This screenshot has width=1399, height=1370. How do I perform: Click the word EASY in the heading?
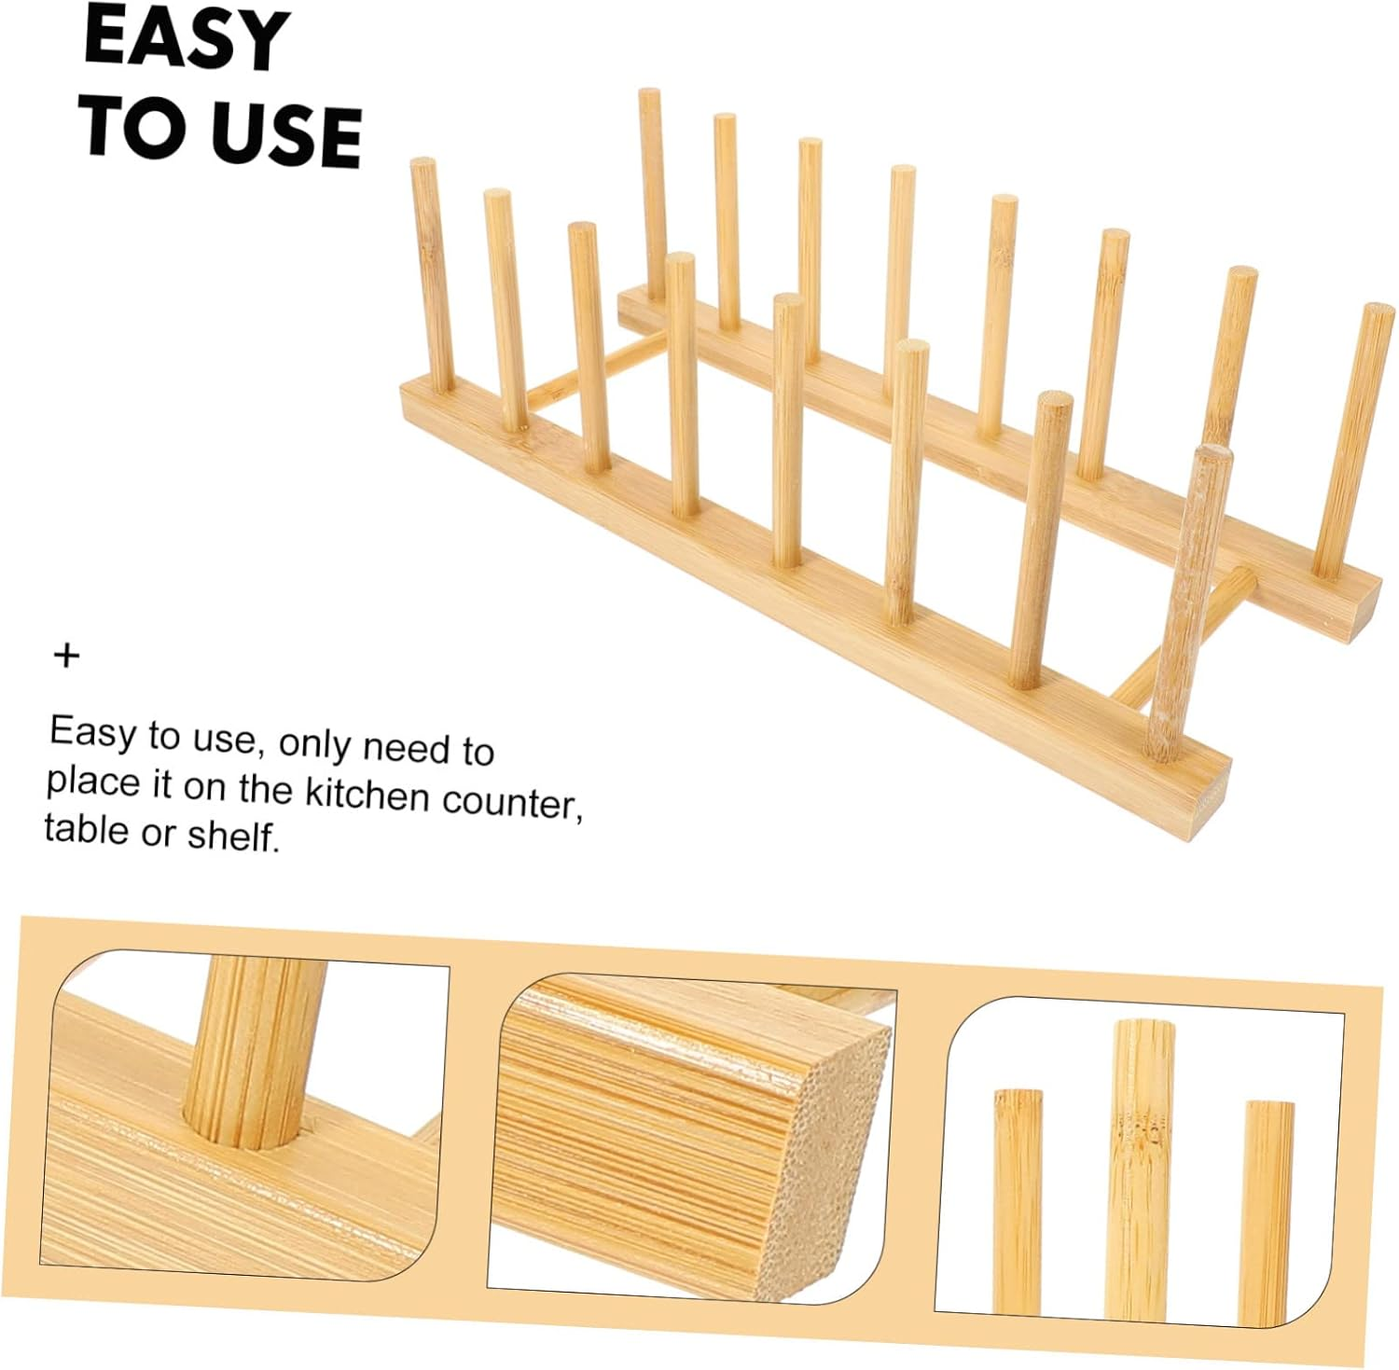tap(186, 39)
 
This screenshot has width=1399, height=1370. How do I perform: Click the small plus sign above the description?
tap(66, 656)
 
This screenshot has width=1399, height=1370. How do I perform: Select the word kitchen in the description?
tap(368, 794)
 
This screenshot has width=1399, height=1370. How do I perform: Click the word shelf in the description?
tap(233, 835)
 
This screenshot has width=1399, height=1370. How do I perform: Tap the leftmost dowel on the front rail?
tap(432, 275)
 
